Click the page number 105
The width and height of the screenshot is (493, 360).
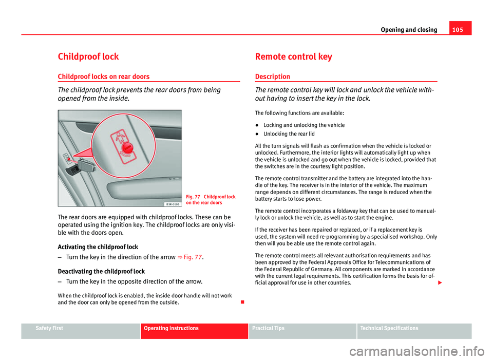tap(462, 29)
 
